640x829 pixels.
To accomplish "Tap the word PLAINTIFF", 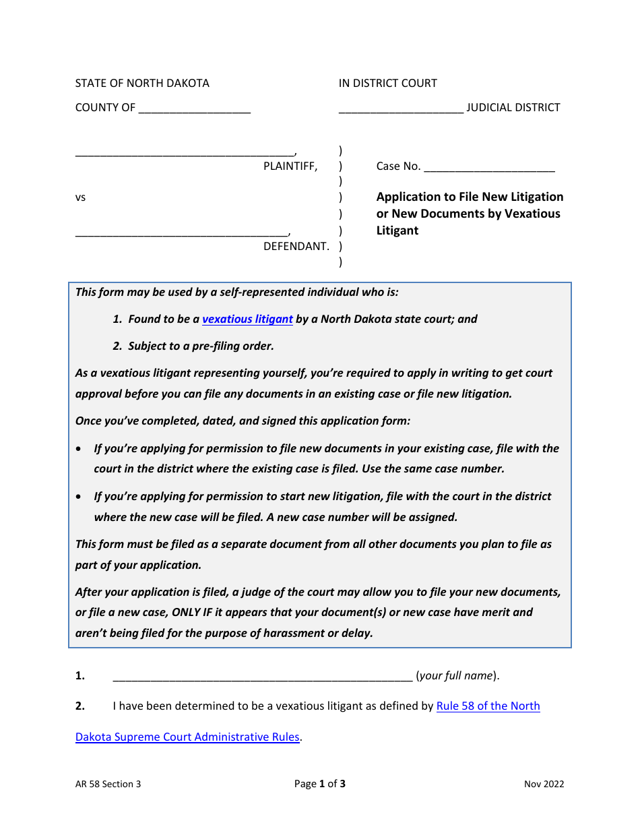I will tap(290, 166).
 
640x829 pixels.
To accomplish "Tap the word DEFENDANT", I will tap(296, 247).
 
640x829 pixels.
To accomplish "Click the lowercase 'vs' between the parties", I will tap(80, 198).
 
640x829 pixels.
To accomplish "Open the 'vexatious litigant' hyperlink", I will tap(247, 319).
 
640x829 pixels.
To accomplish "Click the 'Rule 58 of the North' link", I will tap(488, 706).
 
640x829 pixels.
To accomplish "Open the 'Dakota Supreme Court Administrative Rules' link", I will tap(187, 737).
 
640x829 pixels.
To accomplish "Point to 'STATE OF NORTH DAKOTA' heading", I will tap(142, 84).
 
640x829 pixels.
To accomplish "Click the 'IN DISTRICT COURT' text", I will tap(387, 84).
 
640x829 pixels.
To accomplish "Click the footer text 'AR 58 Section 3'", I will tap(108, 784).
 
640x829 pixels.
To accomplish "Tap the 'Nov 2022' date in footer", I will tap(544, 784).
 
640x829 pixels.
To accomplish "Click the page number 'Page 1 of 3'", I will tap(320, 784).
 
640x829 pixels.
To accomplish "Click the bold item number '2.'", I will tap(80, 706).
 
